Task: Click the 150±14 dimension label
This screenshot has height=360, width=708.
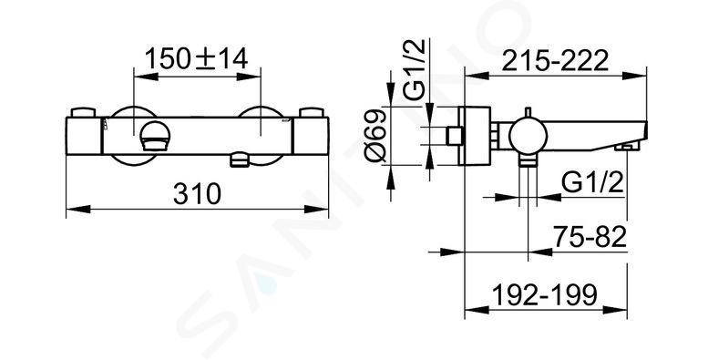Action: tap(197, 58)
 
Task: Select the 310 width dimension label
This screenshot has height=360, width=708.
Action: tap(198, 194)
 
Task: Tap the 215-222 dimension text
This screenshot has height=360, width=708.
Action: tap(556, 61)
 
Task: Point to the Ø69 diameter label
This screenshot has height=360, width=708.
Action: tap(376, 136)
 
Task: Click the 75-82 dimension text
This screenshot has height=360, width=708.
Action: tap(590, 237)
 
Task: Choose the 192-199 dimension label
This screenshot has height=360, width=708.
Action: tap(545, 295)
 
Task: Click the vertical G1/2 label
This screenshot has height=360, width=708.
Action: tap(414, 69)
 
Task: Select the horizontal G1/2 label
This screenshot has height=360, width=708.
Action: tap(593, 183)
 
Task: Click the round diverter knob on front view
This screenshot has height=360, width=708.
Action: tap(155, 137)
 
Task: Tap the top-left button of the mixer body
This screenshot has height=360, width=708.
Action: tap(84, 112)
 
